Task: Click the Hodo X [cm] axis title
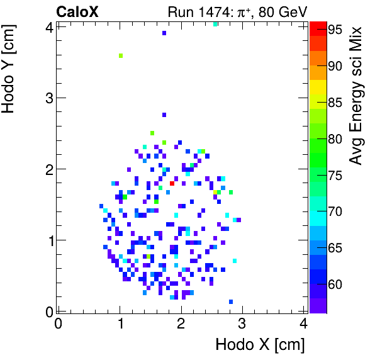coord(260,345)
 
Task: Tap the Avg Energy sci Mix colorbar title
coord(357,96)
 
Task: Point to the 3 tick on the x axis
coord(242,323)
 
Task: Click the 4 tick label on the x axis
coord(304,323)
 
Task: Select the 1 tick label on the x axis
coord(120,323)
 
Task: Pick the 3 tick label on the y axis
coord(46,98)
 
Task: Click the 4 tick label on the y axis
coord(46,26)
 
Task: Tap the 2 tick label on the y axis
coord(46,169)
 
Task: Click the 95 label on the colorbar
coord(334,29)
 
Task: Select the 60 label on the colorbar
coord(334,284)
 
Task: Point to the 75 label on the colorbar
coord(334,175)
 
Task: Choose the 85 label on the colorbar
coord(334,102)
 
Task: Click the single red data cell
coord(172,183)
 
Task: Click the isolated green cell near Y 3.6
coord(121,56)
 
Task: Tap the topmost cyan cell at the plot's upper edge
coord(216,24)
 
